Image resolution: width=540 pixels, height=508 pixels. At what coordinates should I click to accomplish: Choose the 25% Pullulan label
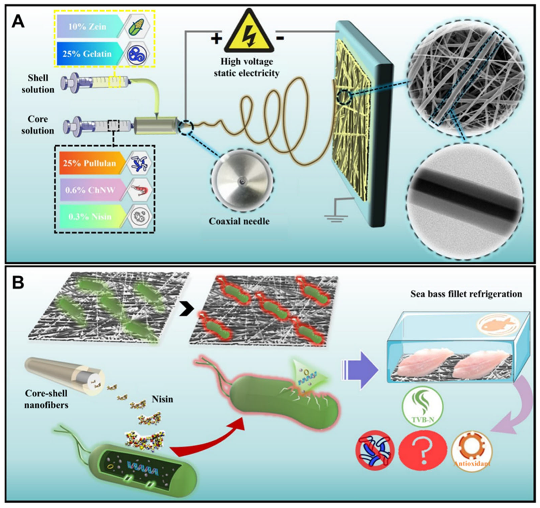click(90, 163)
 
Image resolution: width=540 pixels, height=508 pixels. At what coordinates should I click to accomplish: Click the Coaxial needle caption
click(239, 221)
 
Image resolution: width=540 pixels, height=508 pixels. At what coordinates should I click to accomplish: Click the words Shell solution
click(38, 84)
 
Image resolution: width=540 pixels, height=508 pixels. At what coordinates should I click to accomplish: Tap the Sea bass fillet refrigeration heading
click(466, 294)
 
